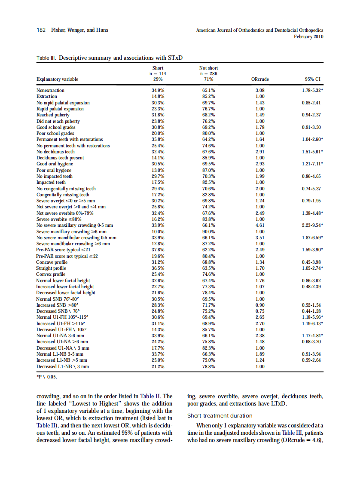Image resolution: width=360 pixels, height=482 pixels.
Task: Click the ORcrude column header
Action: [x=259, y=79]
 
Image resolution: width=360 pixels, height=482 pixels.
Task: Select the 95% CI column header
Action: [x=313, y=79]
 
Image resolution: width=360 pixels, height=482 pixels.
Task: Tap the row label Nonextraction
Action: [x=50, y=91]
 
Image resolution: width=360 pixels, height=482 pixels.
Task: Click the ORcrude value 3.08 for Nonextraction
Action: [x=259, y=91]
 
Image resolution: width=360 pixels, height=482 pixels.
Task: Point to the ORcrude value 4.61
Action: [x=259, y=225]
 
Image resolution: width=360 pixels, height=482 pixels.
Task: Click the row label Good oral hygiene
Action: [x=55, y=164]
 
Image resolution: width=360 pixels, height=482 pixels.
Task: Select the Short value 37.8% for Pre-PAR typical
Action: [x=158, y=250]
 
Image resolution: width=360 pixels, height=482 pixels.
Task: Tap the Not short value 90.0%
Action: [x=209, y=231]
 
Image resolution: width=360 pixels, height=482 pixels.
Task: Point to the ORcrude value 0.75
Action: [x=259, y=311]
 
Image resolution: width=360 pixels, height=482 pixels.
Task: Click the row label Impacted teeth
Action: [x=51, y=182]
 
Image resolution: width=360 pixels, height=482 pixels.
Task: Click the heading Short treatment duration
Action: [x=220, y=415]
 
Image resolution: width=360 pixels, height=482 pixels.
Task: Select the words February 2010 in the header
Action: [x=308, y=37]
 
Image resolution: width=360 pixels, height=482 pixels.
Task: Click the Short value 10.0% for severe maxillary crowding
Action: [x=158, y=231]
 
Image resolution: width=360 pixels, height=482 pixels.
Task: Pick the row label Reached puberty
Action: [x=53, y=115]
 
